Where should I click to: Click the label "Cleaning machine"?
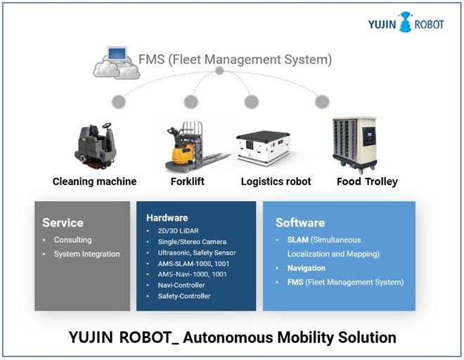95,182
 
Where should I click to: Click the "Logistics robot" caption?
276,182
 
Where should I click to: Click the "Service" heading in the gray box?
63,222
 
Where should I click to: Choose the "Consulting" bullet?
72,240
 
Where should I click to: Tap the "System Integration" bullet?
86,254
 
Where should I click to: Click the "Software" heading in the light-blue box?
300,222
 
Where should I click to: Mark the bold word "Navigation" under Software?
306,268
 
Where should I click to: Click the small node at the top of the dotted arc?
220,71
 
